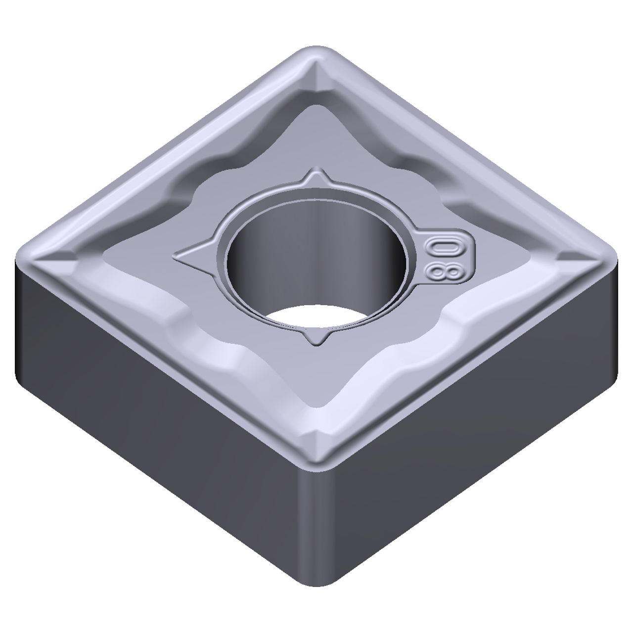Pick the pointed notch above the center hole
pyautogui.click(x=316, y=178)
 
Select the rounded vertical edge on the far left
pyautogui.click(x=20, y=321)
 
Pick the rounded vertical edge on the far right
pyautogui.click(x=613, y=321)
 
